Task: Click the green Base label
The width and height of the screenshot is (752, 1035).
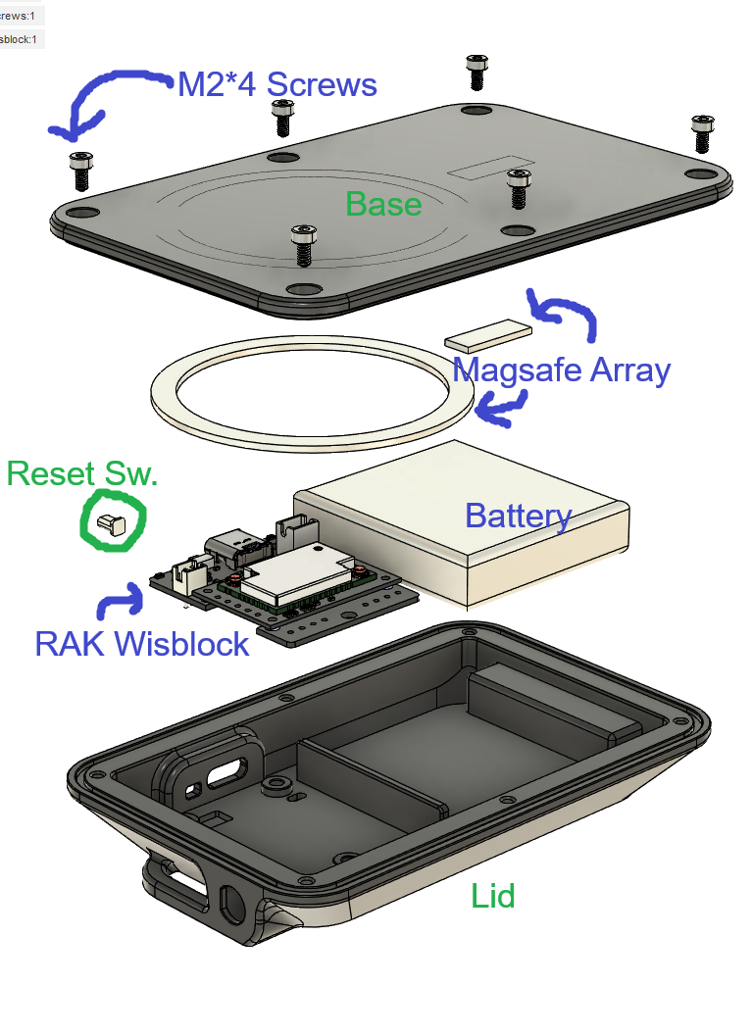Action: click(x=383, y=204)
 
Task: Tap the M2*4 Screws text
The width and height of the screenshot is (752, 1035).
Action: click(x=276, y=84)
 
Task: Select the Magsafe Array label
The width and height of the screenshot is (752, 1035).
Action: click(x=561, y=370)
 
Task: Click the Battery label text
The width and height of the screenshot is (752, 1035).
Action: click(x=518, y=516)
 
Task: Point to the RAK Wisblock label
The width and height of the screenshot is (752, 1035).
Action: click(x=142, y=644)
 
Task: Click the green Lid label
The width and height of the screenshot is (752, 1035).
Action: click(x=492, y=895)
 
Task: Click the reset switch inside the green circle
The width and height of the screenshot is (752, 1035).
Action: click(x=110, y=524)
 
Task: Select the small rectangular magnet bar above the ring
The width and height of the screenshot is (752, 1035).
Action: click(x=487, y=335)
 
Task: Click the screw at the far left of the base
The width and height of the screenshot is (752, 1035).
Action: click(x=79, y=171)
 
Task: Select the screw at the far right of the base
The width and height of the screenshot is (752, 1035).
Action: click(x=702, y=133)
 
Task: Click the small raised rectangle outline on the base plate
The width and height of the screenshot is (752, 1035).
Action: click(x=492, y=168)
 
